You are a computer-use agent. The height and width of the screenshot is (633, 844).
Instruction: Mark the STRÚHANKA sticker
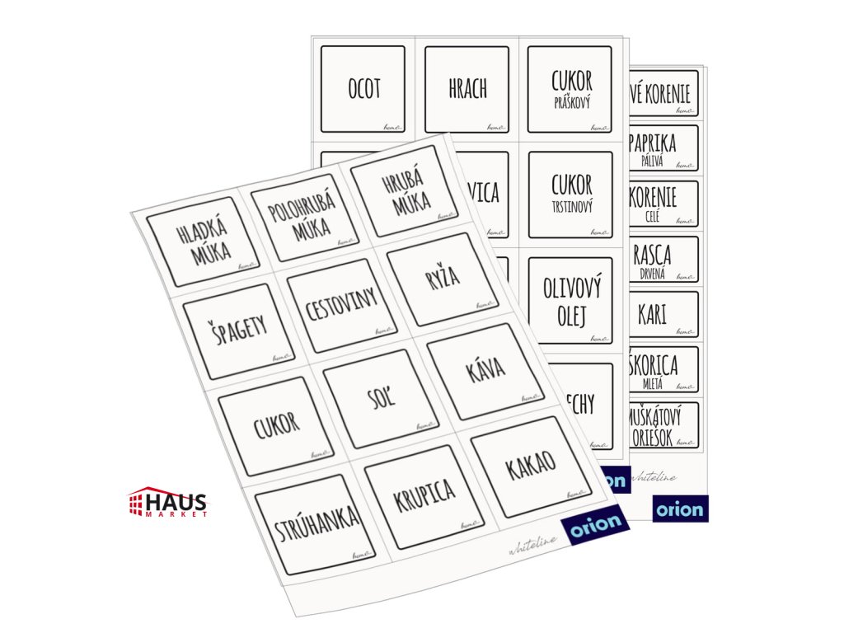point(307,523)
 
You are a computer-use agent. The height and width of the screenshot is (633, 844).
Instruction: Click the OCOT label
point(363,89)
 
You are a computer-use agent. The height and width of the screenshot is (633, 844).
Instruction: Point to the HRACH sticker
point(467,89)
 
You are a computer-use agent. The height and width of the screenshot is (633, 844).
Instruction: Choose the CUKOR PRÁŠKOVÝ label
point(570,89)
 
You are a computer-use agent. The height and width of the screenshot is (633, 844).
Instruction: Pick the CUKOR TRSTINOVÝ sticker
point(571,194)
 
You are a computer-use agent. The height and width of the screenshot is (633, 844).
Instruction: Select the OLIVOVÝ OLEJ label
point(571,300)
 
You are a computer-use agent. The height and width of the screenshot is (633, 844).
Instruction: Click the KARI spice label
point(663,315)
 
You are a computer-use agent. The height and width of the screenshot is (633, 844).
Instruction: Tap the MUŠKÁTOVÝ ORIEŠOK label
point(663,424)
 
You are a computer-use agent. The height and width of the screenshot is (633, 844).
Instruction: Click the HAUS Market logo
point(168,502)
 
